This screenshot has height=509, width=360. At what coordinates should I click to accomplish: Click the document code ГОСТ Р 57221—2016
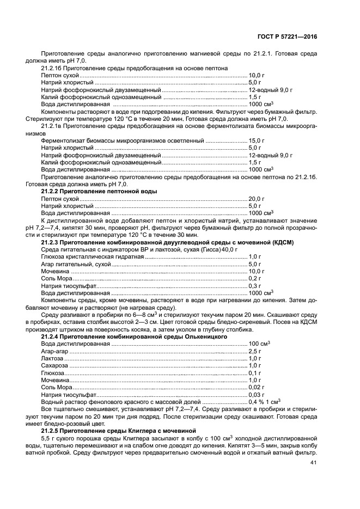pos(287,36)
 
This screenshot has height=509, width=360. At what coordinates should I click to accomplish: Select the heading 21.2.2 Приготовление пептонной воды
pos(99,192)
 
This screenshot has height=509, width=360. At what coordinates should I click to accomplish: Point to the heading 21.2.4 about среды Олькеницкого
pos(134,337)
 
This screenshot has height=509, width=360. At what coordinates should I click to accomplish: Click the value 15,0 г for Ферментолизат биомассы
pos(257,140)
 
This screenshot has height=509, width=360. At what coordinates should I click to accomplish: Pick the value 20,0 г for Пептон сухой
pos(257,199)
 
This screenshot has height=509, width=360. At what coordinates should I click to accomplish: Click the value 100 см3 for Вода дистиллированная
pos(260,344)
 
